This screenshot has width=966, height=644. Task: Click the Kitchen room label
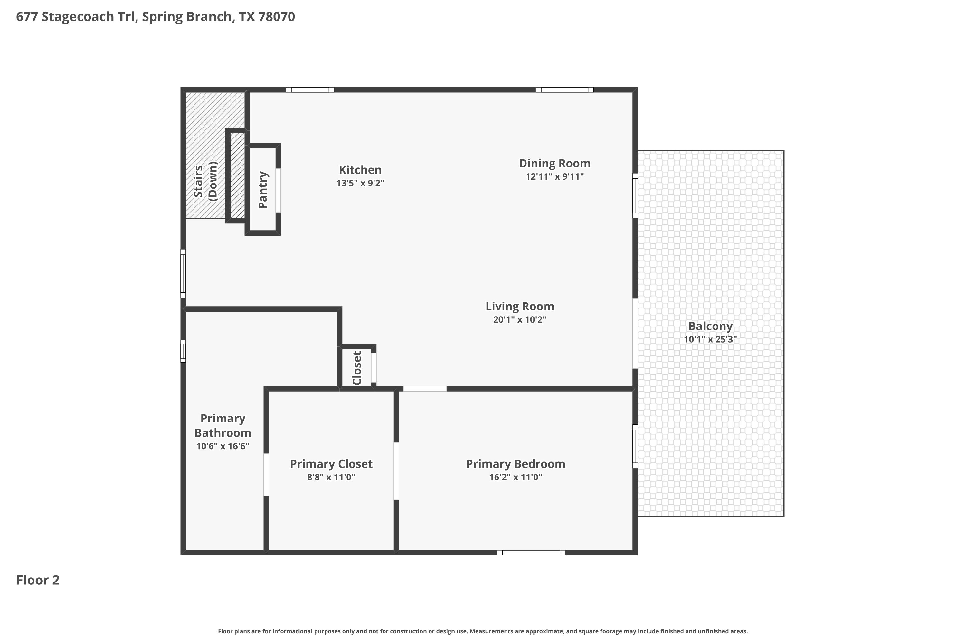(360, 170)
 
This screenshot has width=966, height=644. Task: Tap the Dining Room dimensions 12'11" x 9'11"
(555, 176)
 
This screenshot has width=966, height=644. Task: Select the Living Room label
(520, 307)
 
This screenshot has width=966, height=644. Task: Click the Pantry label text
(263, 190)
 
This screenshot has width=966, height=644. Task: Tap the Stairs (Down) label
(205, 181)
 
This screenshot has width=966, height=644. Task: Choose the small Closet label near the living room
(357, 368)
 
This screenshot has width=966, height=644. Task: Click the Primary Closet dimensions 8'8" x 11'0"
(331, 477)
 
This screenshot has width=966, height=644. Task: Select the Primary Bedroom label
(516, 464)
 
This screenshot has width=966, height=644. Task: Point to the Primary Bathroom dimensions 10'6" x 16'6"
(223, 446)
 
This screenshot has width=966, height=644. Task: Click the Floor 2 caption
(38, 580)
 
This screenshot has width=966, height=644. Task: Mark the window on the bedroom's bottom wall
(531, 553)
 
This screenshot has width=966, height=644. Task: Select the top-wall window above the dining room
(565, 90)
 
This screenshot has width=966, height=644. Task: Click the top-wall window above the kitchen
(310, 90)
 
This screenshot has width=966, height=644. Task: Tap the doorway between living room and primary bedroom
(425, 389)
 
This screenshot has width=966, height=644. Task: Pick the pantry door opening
(278, 191)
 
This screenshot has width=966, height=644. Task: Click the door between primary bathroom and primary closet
(266, 474)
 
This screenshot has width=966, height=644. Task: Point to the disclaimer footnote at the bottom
(483, 631)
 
